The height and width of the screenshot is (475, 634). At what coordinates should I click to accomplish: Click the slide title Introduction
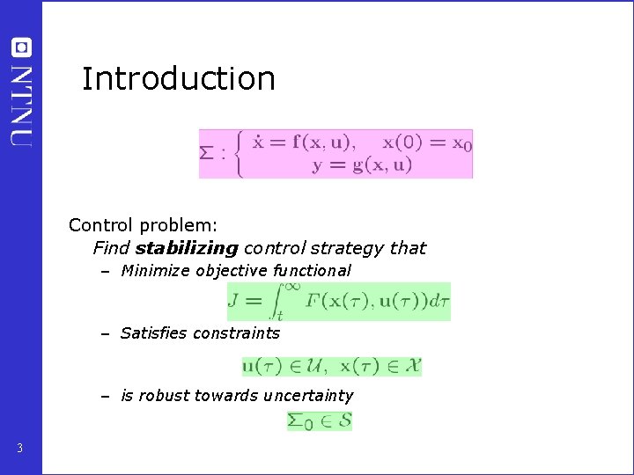(x=179, y=78)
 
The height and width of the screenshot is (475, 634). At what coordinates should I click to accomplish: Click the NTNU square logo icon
(x=21, y=47)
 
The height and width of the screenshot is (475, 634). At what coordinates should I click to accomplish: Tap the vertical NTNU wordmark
(x=21, y=103)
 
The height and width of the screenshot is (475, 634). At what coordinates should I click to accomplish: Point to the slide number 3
(x=19, y=449)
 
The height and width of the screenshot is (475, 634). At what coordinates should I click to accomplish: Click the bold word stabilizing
(x=187, y=248)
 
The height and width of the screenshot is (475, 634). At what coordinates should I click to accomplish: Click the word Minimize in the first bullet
(x=155, y=271)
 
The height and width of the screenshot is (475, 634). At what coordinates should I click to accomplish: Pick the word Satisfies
(x=154, y=333)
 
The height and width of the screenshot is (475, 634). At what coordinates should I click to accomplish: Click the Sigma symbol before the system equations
(x=209, y=153)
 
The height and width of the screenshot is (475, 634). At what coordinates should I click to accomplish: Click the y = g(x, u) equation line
(x=361, y=165)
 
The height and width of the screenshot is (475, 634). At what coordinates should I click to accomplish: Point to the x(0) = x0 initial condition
(x=427, y=142)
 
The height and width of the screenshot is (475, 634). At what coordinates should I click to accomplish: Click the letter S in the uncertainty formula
(x=344, y=420)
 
